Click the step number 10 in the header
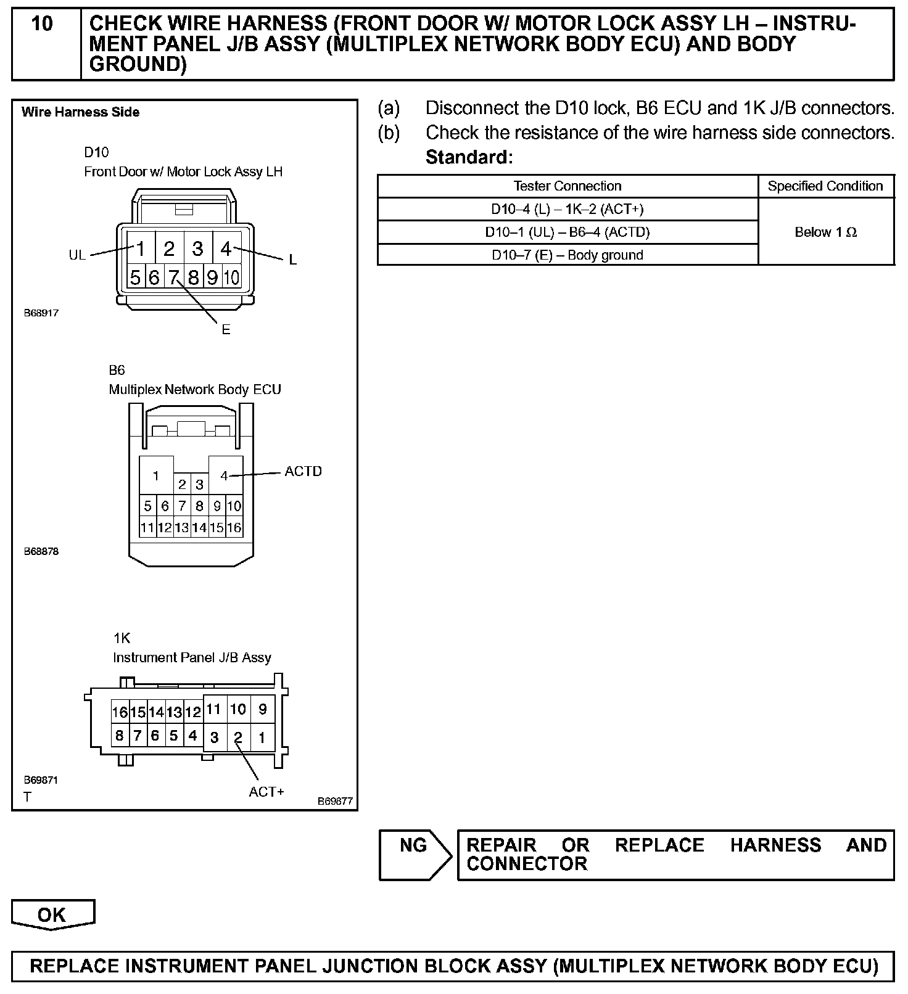(x=42, y=25)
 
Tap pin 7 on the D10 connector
(x=173, y=277)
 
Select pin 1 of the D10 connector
(x=141, y=248)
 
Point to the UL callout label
(x=77, y=255)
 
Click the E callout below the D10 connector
(x=226, y=330)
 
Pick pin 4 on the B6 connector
(x=225, y=475)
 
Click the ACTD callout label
(x=303, y=472)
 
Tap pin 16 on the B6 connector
(x=234, y=528)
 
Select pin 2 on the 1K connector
(x=238, y=737)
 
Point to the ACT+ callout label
(x=266, y=792)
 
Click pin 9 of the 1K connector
(x=263, y=710)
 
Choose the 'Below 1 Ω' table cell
(x=825, y=232)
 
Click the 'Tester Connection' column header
(x=567, y=186)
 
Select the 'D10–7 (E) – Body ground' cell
(x=567, y=255)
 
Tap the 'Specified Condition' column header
(x=825, y=186)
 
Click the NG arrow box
(x=414, y=854)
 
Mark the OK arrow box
(x=52, y=914)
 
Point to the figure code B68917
(x=41, y=313)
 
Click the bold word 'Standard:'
(x=469, y=158)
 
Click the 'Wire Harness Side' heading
(x=81, y=112)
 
